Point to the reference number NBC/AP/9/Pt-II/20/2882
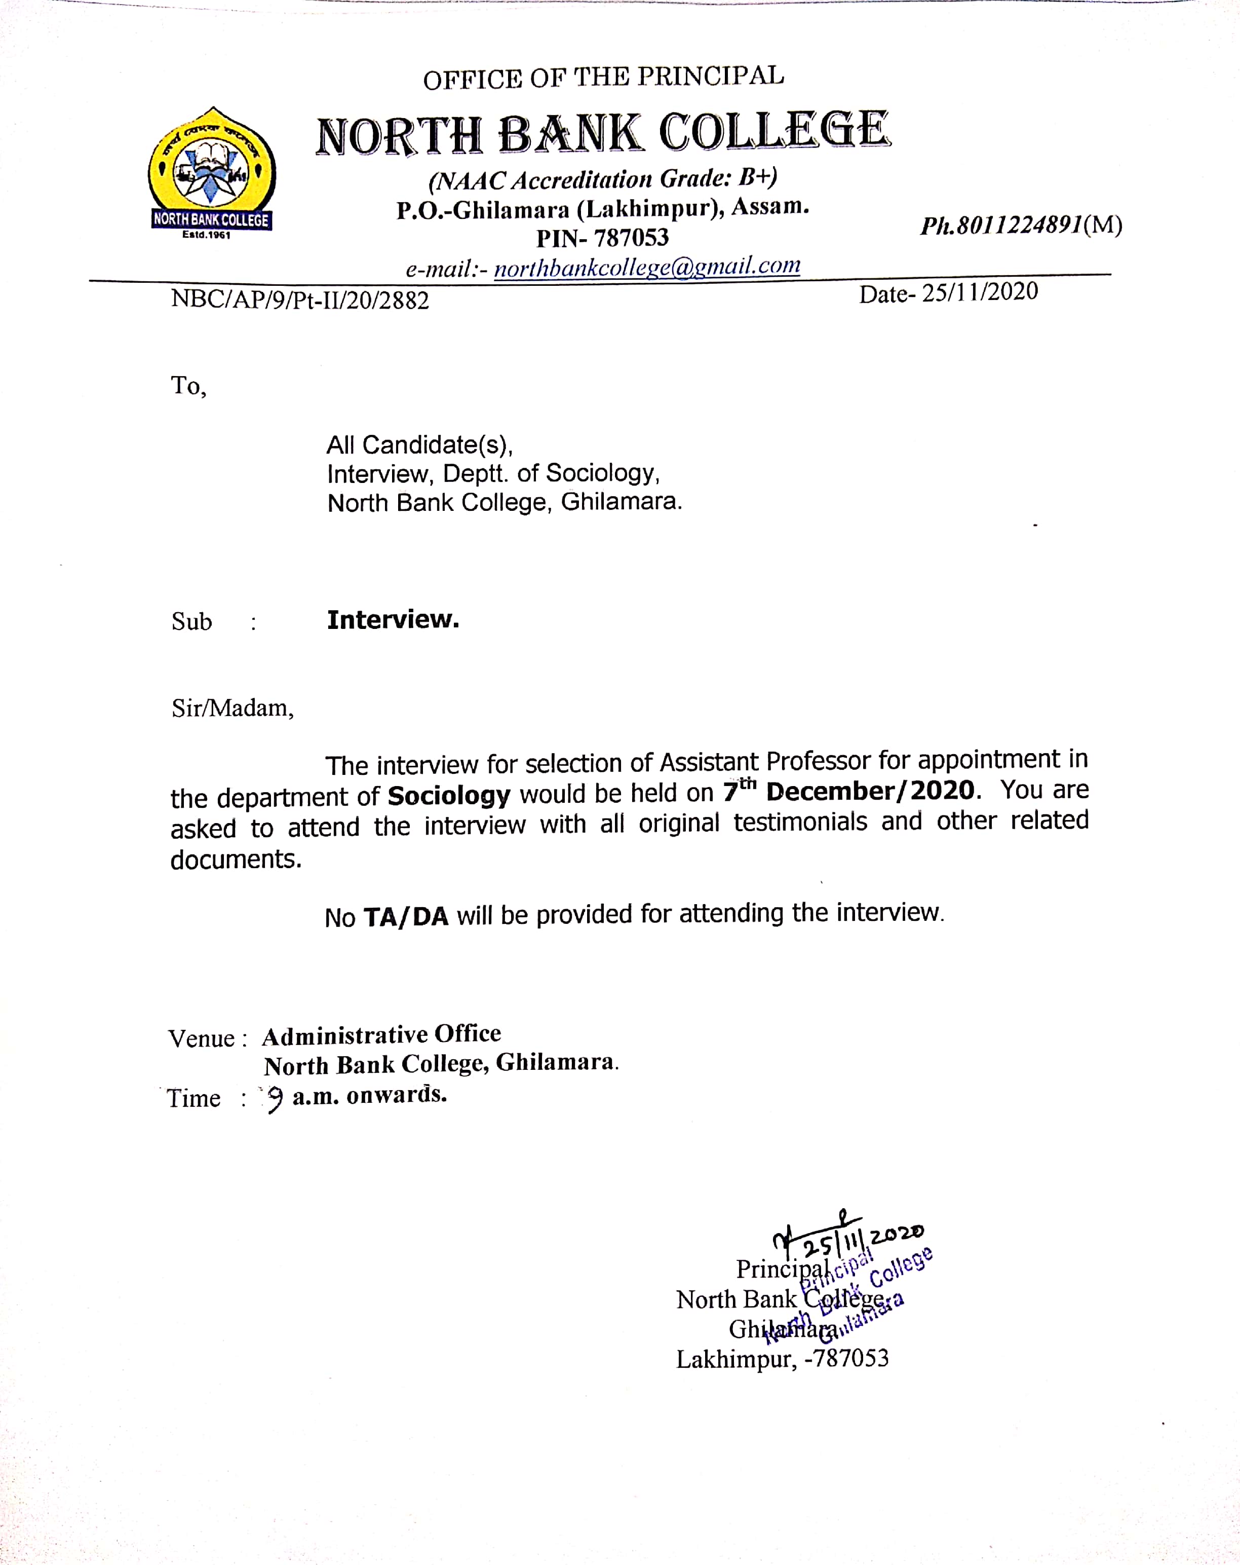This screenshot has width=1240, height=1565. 300,300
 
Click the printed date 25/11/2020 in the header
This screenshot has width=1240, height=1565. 980,292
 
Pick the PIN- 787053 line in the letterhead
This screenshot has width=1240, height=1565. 602,237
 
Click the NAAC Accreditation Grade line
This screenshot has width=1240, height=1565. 602,178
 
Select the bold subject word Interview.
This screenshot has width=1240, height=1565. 393,620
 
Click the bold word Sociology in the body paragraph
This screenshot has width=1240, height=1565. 448,796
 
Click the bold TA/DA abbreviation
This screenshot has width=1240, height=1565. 406,917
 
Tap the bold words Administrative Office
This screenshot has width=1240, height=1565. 381,1035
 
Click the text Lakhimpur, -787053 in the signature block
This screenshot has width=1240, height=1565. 782,1359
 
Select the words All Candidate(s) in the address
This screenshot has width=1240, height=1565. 419,444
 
